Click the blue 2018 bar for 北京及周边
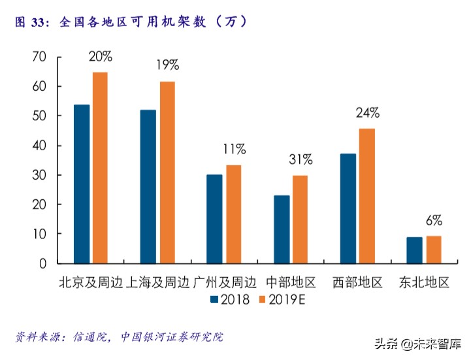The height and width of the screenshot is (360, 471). (x=82, y=184)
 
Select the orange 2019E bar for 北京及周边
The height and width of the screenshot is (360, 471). (x=100, y=167)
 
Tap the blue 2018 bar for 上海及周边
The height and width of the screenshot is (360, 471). (x=148, y=186)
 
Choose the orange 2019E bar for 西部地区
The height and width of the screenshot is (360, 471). (x=366, y=195)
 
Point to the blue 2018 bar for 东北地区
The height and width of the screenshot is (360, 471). (x=414, y=250)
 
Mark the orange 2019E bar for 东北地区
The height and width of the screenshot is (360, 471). (x=433, y=249)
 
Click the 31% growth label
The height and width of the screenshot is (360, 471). (x=300, y=159)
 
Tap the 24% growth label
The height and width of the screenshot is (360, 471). (x=367, y=112)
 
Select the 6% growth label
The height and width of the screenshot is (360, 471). (x=434, y=220)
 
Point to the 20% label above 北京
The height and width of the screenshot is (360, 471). (x=100, y=56)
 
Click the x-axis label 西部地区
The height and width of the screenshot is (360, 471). (x=357, y=283)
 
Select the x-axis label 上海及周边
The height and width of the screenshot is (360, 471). (x=157, y=283)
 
